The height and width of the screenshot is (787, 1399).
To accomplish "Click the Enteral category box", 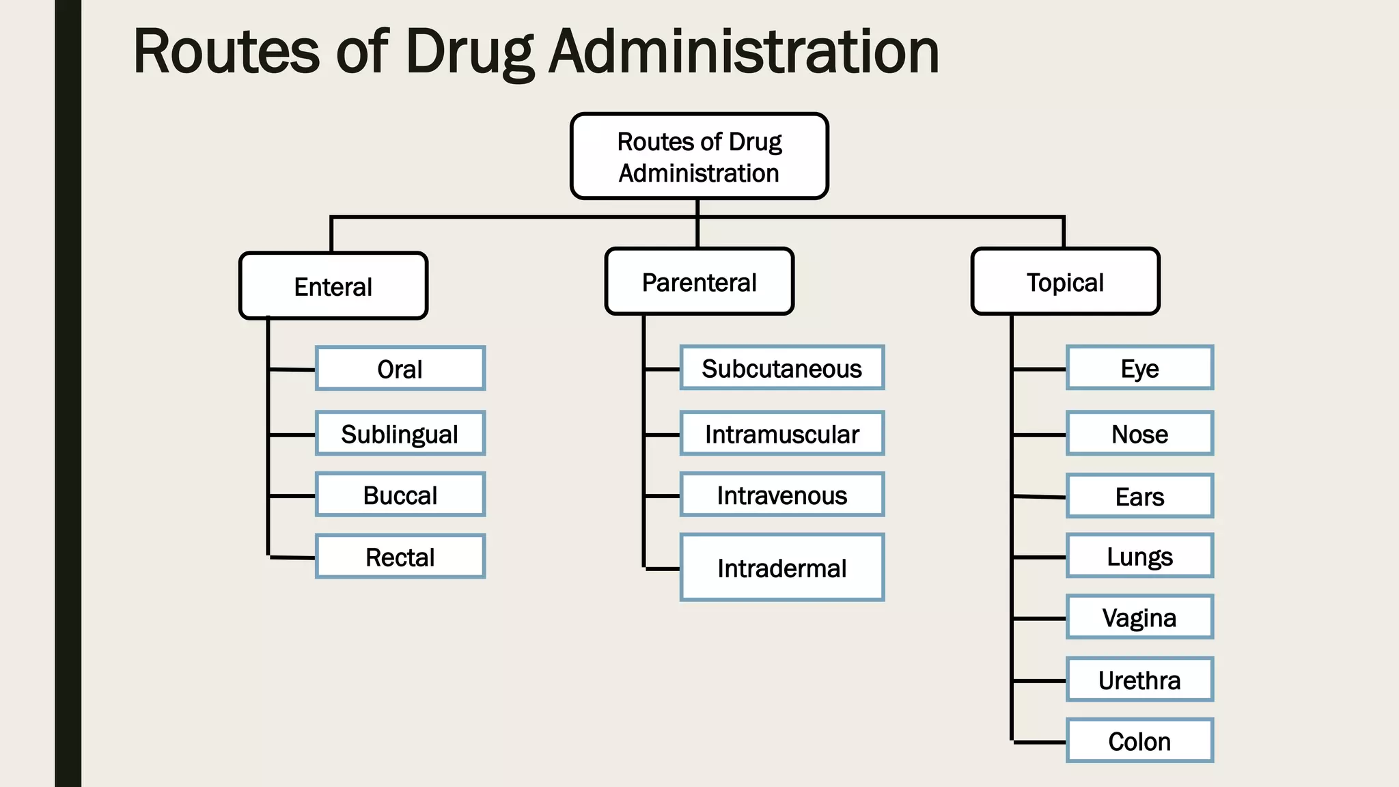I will coord(333,286).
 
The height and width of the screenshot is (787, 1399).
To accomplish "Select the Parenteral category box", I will coord(699,281).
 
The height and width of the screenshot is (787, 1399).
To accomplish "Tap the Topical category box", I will coord(1065,281).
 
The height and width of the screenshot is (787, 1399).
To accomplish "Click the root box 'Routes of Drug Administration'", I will coord(699,156).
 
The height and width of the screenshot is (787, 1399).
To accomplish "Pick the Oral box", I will coord(400,369).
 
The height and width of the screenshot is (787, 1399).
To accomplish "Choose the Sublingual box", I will coord(400,434).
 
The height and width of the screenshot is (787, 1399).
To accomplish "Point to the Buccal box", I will coord(400,495).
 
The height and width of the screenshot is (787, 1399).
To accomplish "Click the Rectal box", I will coord(400,557).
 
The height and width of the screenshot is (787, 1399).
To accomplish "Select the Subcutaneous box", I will coord(782,368).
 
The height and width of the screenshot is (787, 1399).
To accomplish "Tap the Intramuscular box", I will coord(782,434).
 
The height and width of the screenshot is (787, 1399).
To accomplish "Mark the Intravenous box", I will coord(782,495).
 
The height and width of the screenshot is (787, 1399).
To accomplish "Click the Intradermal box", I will coord(782,568).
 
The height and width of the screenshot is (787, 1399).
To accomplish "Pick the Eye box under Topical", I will coord(1139,368).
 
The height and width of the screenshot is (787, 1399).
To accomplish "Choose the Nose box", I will coord(1139,434).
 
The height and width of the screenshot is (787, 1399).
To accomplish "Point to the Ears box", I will coord(1139,496).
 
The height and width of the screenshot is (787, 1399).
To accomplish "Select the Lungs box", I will coord(1139,556).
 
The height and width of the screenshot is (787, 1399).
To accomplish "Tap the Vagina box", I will coord(1139,618).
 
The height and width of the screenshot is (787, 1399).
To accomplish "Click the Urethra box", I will coord(1139,680).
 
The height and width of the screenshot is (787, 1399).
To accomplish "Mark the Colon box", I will coord(1139,741).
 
